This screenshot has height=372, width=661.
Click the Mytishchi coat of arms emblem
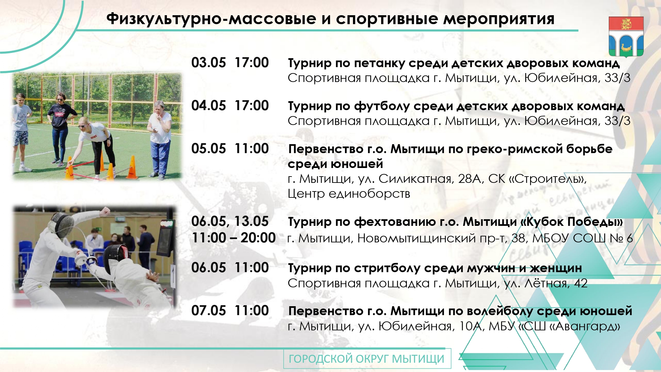(626, 36)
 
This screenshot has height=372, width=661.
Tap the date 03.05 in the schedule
(209, 63)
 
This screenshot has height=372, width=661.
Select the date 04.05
(209, 106)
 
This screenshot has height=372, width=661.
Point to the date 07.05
(209, 311)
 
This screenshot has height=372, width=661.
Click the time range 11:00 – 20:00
(234, 238)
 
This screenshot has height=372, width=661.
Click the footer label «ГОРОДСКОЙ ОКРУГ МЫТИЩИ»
(367, 359)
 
